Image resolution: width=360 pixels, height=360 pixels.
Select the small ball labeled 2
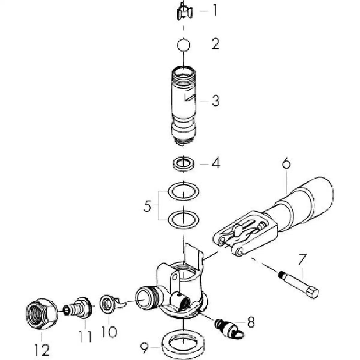pos(183,45)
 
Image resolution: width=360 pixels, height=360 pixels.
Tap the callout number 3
pos(216,101)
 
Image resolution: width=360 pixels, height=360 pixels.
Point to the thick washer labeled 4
pos(183,164)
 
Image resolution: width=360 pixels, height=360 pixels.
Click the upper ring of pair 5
pos(183,191)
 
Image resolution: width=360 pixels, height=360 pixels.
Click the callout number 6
pos(286,164)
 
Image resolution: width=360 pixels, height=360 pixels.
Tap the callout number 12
pos(42,349)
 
